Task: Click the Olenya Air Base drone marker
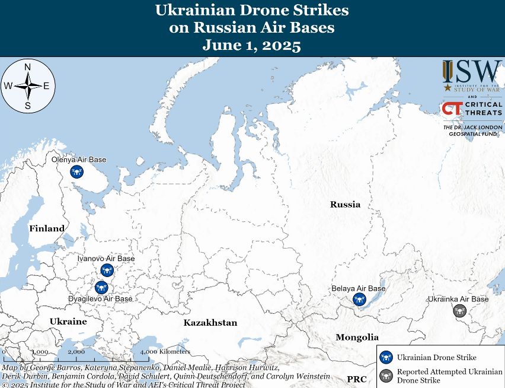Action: click(x=76, y=172)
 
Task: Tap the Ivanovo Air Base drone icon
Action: click(x=107, y=270)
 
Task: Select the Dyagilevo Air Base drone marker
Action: click(x=101, y=287)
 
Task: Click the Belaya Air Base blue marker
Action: click(x=359, y=300)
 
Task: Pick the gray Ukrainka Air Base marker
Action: click(x=459, y=310)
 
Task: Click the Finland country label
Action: click(x=47, y=228)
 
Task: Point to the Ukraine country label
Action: click(x=68, y=322)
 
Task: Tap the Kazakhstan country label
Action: click(x=210, y=323)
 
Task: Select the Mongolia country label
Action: click(x=357, y=337)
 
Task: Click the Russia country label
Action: click(x=345, y=205)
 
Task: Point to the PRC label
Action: click(x=357, y=379)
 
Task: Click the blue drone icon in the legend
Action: click(x=387, y=357)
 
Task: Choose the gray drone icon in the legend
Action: click(x=387, y=375)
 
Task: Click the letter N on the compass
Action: click(x=27, y=67)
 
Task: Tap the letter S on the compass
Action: click(x=27, y=106)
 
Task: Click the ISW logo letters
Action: click(x=472, y=72)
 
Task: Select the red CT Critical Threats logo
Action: click(x=452, y=109)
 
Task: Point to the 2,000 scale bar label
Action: click(x=76, y=352)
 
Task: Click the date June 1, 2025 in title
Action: click(x=252, y=46)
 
